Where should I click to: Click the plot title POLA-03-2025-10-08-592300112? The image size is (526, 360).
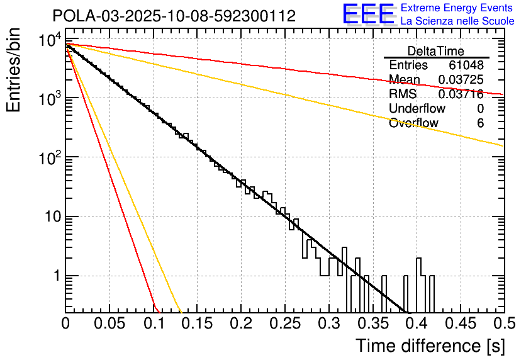(x=174, y=16)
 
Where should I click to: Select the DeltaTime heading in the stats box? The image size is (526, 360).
(x=435, y=51)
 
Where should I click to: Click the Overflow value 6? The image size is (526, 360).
(x=480, y=123)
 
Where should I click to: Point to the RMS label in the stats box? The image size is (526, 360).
(x=403, y=94)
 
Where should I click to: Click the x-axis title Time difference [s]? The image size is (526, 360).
(x=429, y=346)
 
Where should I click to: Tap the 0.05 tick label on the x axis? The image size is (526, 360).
(x=109, y=324)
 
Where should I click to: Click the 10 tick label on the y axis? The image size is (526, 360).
(x=48, y=217)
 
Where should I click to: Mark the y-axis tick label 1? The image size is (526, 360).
(x=55, y=276)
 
